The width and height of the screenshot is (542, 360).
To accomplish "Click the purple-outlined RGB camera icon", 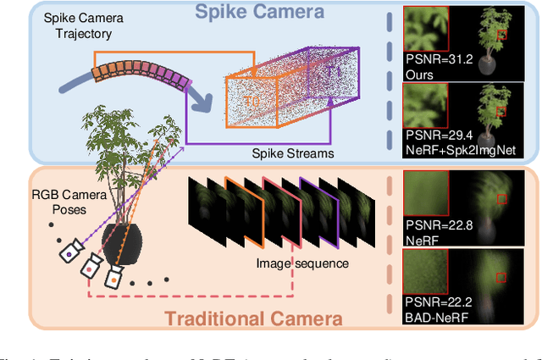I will point(70,252).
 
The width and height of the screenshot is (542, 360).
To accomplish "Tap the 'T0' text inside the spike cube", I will point(252,100).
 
